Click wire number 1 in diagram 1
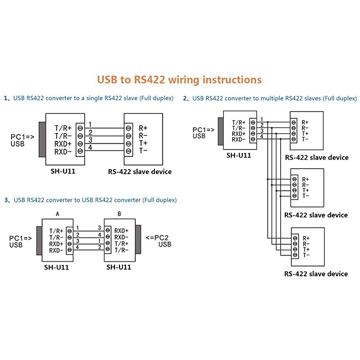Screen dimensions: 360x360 90,124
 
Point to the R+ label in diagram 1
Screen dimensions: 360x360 143,128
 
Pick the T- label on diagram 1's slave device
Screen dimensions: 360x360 143,151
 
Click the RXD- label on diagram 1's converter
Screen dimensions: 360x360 63,152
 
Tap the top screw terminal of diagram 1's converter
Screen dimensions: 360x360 81,128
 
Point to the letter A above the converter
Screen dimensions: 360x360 57,214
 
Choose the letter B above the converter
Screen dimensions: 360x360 119,214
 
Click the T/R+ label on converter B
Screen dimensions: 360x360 121,243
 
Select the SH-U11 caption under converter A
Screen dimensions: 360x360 56,267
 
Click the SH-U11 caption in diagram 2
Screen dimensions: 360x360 238,155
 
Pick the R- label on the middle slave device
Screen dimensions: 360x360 306,184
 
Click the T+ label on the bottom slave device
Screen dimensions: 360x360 306,249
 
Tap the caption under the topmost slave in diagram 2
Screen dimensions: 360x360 317,157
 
